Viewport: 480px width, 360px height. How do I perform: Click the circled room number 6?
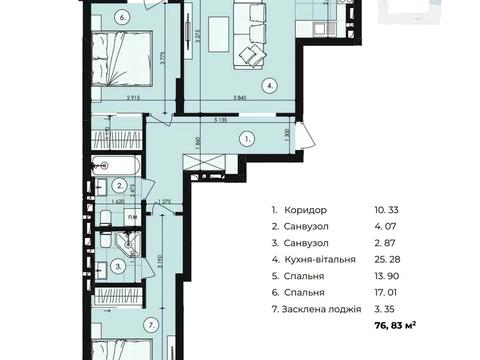point(122,16)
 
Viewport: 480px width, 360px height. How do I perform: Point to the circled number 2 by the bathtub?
point(118,185)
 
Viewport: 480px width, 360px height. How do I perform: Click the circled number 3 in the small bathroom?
point(118,266)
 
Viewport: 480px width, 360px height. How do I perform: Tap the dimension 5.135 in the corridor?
point(220,117)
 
